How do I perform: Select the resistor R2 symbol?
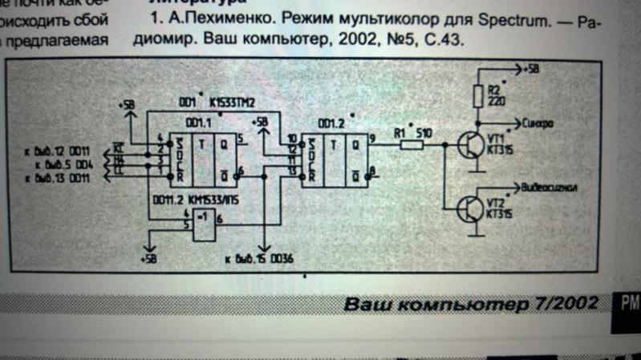[480, 96]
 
